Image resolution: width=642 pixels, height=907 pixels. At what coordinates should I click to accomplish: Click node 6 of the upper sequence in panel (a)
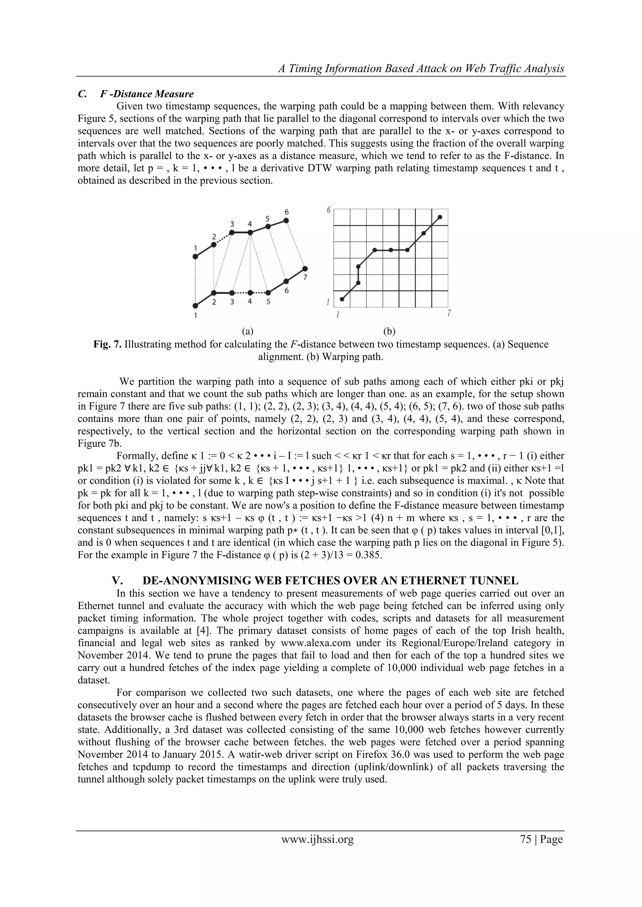pos(287,220)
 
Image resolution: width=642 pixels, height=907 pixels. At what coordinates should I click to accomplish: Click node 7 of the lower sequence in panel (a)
pos(304,268)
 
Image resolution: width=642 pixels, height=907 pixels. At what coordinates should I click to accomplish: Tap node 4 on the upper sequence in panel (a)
pos(250,233)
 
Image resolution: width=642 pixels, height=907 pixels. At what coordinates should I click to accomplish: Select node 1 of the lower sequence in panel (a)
pos(195,306)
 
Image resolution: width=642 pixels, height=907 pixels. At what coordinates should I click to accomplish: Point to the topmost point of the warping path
pos(440,217)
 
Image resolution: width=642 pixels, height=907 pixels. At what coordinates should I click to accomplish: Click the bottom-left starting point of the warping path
pos(342,299)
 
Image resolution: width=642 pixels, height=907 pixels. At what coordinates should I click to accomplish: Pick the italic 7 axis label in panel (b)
pos(449,313)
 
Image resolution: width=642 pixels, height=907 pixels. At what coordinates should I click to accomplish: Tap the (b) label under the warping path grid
pos(389,331)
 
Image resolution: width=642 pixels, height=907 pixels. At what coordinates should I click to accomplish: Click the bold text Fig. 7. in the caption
pos(108,345)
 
